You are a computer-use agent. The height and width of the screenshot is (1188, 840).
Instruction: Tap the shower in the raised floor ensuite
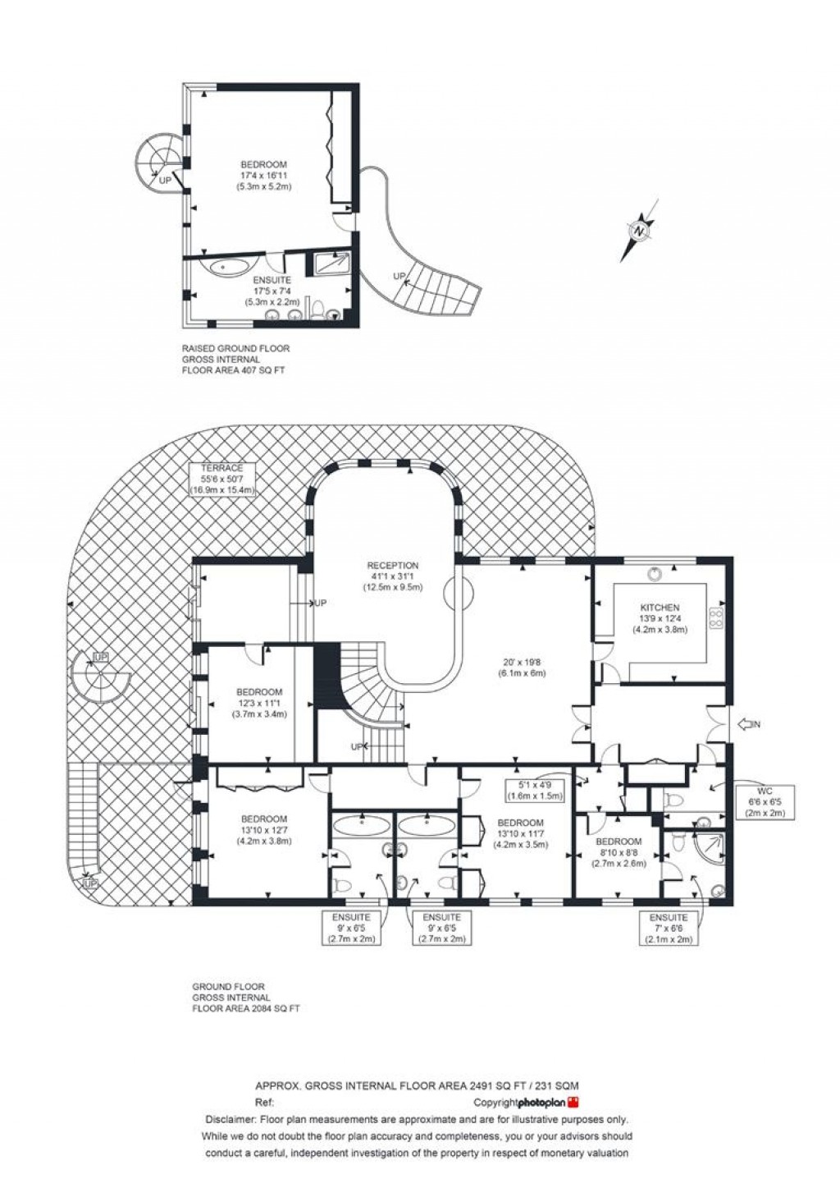point(332,263)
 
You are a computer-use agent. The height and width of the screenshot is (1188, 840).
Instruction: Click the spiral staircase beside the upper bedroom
point(157,162)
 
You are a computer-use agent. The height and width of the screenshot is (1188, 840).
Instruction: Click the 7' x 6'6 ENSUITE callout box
point(668,928)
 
